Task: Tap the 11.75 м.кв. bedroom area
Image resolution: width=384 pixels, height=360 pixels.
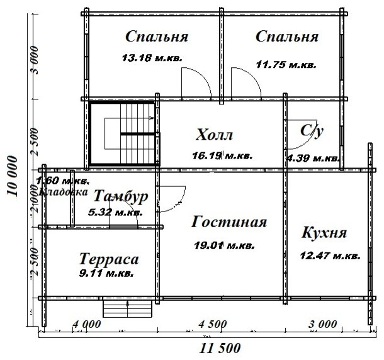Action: point(286,64)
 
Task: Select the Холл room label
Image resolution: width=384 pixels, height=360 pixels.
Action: point(215,135)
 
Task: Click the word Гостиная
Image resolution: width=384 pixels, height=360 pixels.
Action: point(229,222)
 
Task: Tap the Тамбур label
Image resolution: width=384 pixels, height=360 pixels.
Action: point(121,196)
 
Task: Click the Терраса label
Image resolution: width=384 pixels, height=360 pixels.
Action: point(109,259)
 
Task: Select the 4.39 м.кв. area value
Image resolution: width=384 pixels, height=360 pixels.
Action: point(313,157)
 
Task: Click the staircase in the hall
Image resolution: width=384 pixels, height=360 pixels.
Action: point(123,135)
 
